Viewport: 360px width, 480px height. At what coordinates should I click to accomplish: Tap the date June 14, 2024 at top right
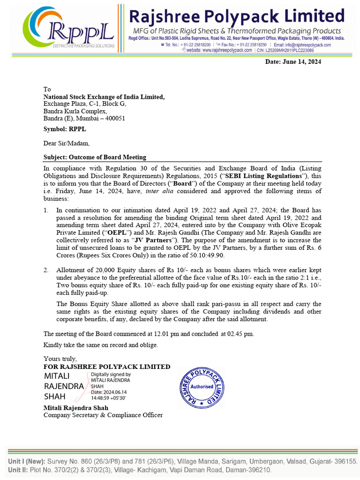tap(293, 62)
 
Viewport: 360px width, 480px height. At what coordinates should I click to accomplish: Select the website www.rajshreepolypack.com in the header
tap(216, 50)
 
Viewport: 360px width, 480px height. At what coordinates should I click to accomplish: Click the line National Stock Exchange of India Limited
tap(104, 97)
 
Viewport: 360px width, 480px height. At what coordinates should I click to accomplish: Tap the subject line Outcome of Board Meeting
tap(95, 157)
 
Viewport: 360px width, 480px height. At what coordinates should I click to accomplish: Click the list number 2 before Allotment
tap(46, 270)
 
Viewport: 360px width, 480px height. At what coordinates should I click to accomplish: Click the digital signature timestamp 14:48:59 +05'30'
tap(108, 397)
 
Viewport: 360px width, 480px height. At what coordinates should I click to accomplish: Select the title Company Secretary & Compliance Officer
tap(103, 415)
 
